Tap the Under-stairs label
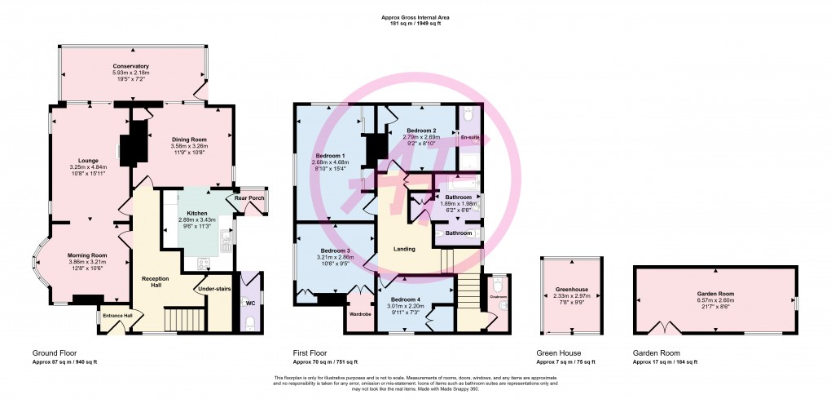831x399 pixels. [x=210, y=288]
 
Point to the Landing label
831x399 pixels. [x=404, y=249]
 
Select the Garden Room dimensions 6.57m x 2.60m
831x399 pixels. [x=715, y=299]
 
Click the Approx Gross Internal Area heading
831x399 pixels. [x=415, y=17]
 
